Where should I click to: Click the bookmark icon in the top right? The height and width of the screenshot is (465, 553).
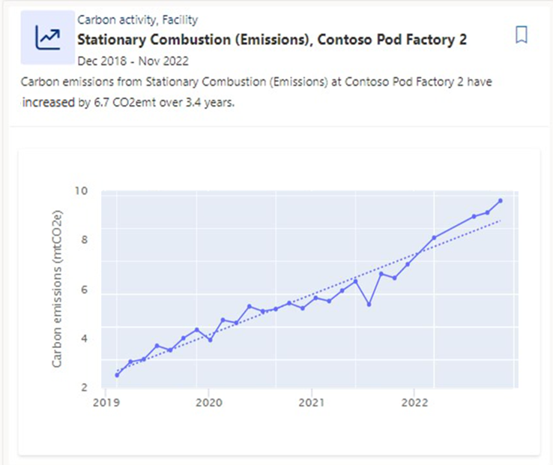522,35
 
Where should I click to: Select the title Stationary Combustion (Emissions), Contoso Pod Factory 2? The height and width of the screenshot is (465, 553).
272,40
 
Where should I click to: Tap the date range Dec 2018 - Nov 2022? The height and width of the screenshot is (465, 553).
133,60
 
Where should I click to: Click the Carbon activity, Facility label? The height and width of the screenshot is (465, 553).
137,20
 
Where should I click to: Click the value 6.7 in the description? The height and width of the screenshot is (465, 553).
103,103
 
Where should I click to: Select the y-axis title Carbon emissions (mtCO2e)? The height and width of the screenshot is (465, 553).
57,289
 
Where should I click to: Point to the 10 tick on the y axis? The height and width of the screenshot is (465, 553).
81,191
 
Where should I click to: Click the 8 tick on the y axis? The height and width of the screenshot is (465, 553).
85,240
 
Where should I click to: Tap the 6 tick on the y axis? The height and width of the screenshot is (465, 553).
85,289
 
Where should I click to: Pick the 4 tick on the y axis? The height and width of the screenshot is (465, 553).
85,338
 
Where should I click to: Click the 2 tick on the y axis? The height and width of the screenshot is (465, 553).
85,387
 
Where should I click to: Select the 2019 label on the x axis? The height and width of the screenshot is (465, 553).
105,402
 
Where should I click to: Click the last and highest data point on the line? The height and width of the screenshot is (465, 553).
501,200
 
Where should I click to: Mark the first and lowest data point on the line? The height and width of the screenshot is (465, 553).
117,375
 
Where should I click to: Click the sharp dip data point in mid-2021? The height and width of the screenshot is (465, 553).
369,304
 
